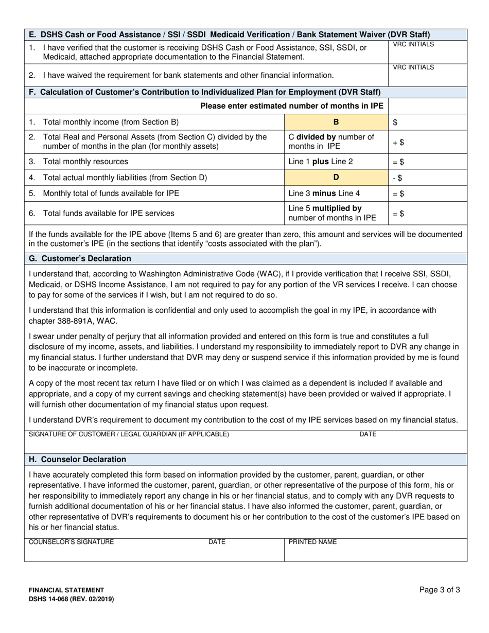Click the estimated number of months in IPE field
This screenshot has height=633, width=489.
tap(428, 106)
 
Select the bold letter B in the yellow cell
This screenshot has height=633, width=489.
tap(336, 122)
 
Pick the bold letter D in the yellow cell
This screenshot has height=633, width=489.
tap(336, 178)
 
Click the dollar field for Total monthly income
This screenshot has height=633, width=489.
tap(428, 122)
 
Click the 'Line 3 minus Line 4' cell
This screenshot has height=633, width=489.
tap(316, 194)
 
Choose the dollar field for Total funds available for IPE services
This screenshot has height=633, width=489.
tap(428, 213)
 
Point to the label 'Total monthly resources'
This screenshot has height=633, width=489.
tap(85, 162)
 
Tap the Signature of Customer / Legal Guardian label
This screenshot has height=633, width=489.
tap(129, 434)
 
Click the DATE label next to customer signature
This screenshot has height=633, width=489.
tap(368, 434)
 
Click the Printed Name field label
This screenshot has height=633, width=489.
tap(312, 542)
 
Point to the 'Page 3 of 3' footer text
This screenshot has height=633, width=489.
tap(440, 590)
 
